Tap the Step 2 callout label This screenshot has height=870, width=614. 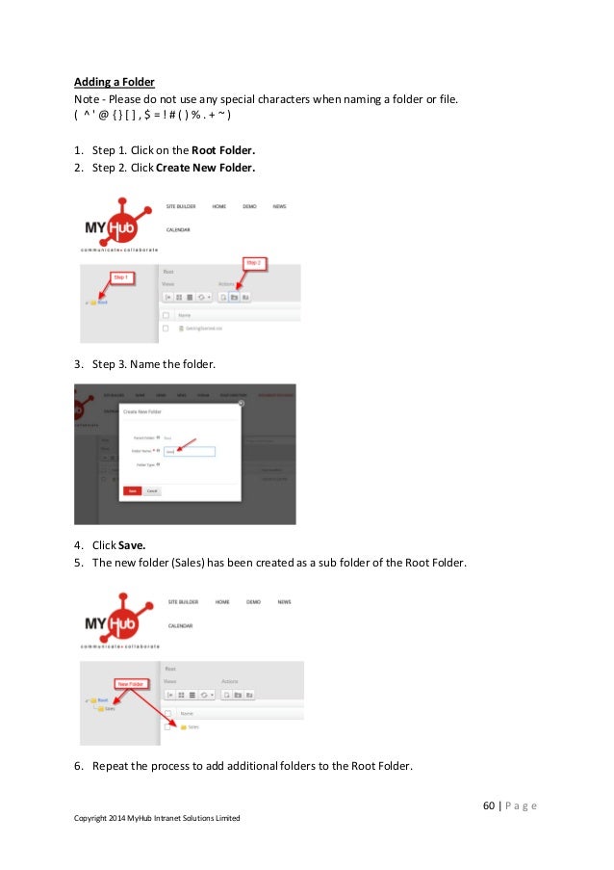pos(253,261)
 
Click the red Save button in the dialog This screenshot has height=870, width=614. pos(132,490)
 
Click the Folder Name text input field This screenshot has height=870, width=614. pos(188,450)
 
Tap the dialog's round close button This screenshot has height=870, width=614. pos(241,404)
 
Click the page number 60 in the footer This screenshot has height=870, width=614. pos(489,805)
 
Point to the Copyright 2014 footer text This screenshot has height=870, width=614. pos(157,818)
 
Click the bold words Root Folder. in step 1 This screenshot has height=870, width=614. pos(223,150)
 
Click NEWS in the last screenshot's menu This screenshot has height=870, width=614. pos(284,602)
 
